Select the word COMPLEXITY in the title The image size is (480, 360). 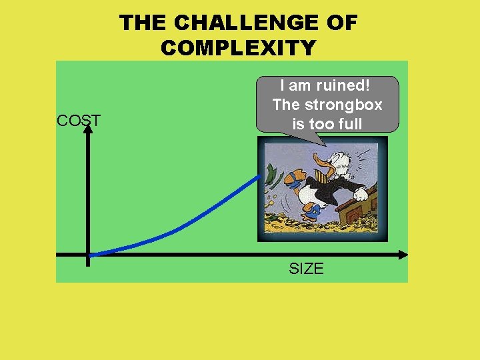click(x=239, y=48)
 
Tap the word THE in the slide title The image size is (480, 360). click(x=143, y=23)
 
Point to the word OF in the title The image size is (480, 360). click(x=342, y=23)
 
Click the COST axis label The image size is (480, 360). click(x=79, y=121)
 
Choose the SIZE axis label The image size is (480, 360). click(x=306, y=269)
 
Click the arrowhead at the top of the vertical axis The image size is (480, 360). click(x=88, y=129)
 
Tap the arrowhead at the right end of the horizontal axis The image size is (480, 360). click(x=403, y=255)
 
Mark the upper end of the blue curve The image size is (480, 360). click(x=260, y=176)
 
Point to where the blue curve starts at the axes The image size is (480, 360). click(x=90, y=255)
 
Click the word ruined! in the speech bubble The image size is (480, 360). click(x=343, y=85)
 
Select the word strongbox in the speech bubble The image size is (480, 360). click(x=343, y=105)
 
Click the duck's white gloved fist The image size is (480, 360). click(x=360, y=194)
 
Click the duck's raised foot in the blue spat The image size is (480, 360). click(x=294, y=180)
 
